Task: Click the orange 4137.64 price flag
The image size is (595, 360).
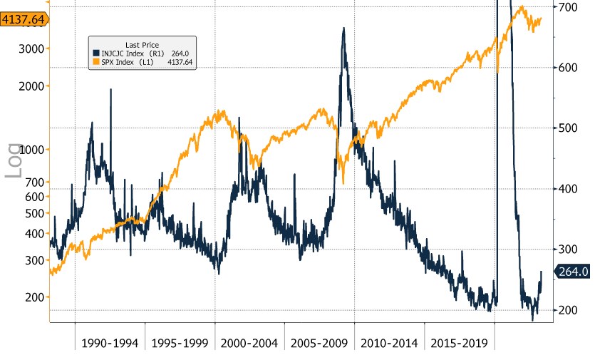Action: click(x=23, y=21)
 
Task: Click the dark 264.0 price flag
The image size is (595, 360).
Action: click(x=573, y=271)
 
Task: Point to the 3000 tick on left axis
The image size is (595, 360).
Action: click(x=33, y=48)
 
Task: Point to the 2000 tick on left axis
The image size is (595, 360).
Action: click(x=33, y=86)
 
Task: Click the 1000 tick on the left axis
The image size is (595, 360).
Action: click(x=33, y=150)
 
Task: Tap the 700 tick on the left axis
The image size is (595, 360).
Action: click(x=36, y=182)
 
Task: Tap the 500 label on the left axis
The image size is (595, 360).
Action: click(x=36, y=213)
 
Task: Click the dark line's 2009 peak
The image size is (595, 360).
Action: click(x=343, y=29)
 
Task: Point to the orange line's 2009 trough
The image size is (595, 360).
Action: click(x=343, y=183)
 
